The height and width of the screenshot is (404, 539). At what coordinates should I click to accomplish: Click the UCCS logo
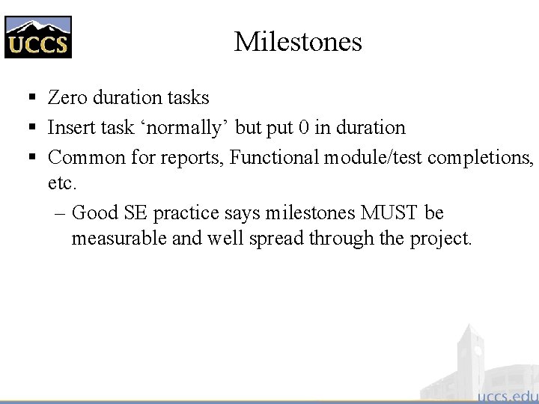pos(38,37)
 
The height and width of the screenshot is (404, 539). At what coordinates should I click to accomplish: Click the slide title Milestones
pos(298,41)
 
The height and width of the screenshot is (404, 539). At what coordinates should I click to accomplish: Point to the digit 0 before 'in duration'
pos(303,128)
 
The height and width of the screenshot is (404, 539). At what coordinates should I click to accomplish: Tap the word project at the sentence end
pos(440,239)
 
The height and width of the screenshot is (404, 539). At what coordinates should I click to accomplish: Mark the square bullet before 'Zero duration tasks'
pos(31,98)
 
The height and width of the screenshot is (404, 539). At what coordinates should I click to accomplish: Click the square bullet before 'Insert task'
pos(31,128)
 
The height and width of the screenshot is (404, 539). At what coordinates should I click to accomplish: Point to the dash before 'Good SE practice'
pos(61,213)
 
